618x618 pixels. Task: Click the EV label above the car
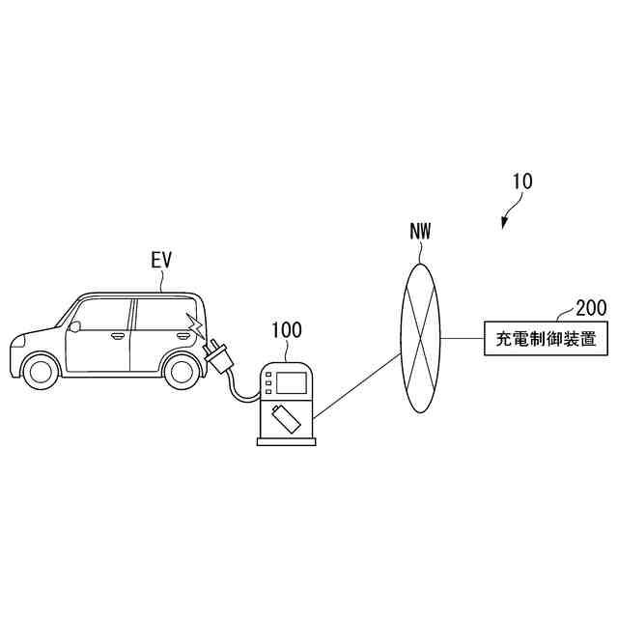[161, 261]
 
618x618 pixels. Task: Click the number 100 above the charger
[287, 330]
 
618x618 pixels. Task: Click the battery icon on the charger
[286, 417]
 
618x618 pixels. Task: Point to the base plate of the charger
[287, 441]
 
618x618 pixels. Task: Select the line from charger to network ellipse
[356, 387]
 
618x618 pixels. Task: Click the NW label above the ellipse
[420, 232]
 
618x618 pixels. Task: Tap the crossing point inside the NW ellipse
[419, 337]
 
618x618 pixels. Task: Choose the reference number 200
[590, 308]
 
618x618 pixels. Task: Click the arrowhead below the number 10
[505, 224]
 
